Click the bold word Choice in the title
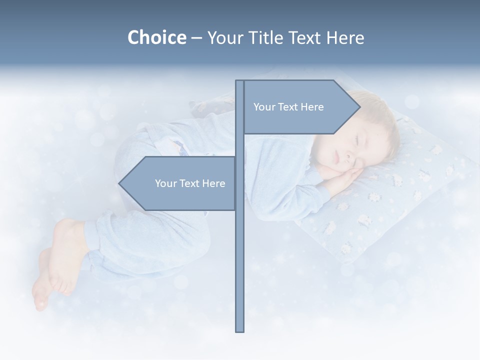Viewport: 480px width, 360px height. coord(156,37)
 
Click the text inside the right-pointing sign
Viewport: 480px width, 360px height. coord(288,107)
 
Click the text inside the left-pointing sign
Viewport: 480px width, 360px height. coord(190,183)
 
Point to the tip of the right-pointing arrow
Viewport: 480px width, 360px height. coord(360,107)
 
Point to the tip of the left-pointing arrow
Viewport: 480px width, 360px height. coord(119,183)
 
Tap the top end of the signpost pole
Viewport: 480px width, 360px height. coord(239,81)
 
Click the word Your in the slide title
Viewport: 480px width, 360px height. coord(223,37)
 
